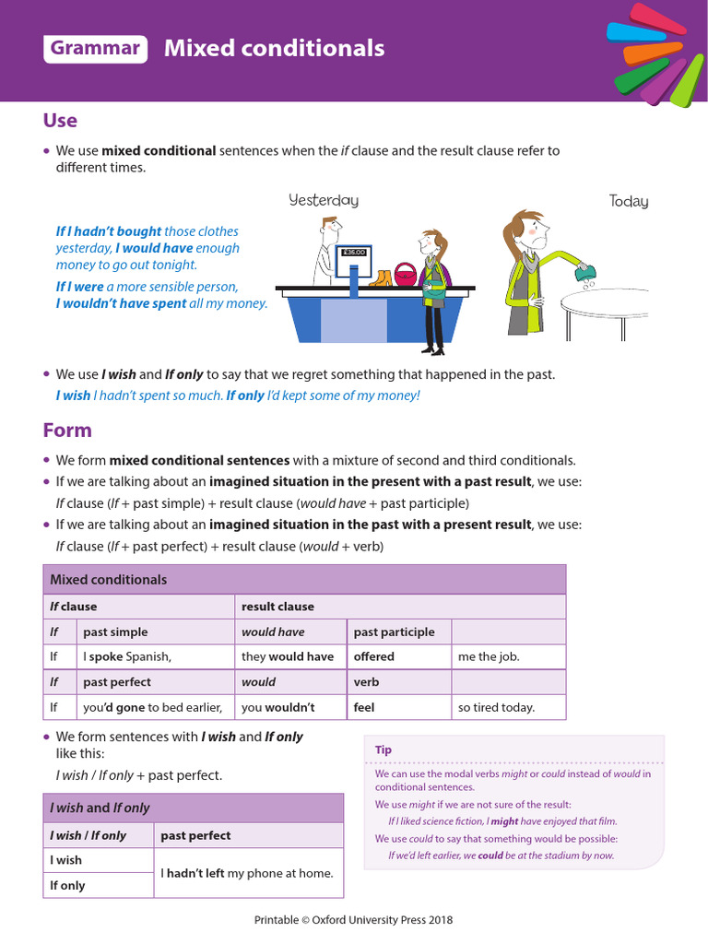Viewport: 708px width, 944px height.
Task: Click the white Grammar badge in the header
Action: pos(96,49)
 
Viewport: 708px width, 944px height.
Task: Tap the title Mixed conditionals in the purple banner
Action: pos(274,49)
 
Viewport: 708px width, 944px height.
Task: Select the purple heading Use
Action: pos(60,121)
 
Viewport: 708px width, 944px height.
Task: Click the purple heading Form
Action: pos(67,431)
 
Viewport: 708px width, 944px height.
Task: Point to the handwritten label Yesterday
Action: pos(323,200)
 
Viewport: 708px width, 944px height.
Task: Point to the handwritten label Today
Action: pos(629,201)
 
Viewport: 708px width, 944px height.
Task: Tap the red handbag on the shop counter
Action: pos(405,274)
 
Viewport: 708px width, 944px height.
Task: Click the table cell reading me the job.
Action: pos(508,656)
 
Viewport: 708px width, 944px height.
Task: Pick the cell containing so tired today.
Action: pos(508,707)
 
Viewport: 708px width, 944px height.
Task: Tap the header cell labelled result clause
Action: pos(277,607)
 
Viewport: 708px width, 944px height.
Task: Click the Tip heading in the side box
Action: pos(383,749)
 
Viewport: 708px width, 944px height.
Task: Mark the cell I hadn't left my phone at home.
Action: pos(247,873)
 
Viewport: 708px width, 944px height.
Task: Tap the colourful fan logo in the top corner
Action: pos(653,53)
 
